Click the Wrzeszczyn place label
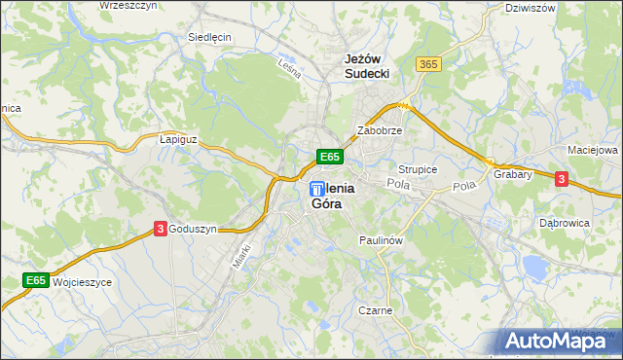128,6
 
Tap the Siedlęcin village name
209,38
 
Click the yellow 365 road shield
427,64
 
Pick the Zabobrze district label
380,129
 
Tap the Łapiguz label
177,139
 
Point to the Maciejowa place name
593,151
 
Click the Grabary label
512,175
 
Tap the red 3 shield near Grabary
562,178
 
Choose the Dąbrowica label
565,223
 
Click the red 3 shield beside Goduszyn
160,229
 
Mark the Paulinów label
381,239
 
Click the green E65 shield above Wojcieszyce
36,281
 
